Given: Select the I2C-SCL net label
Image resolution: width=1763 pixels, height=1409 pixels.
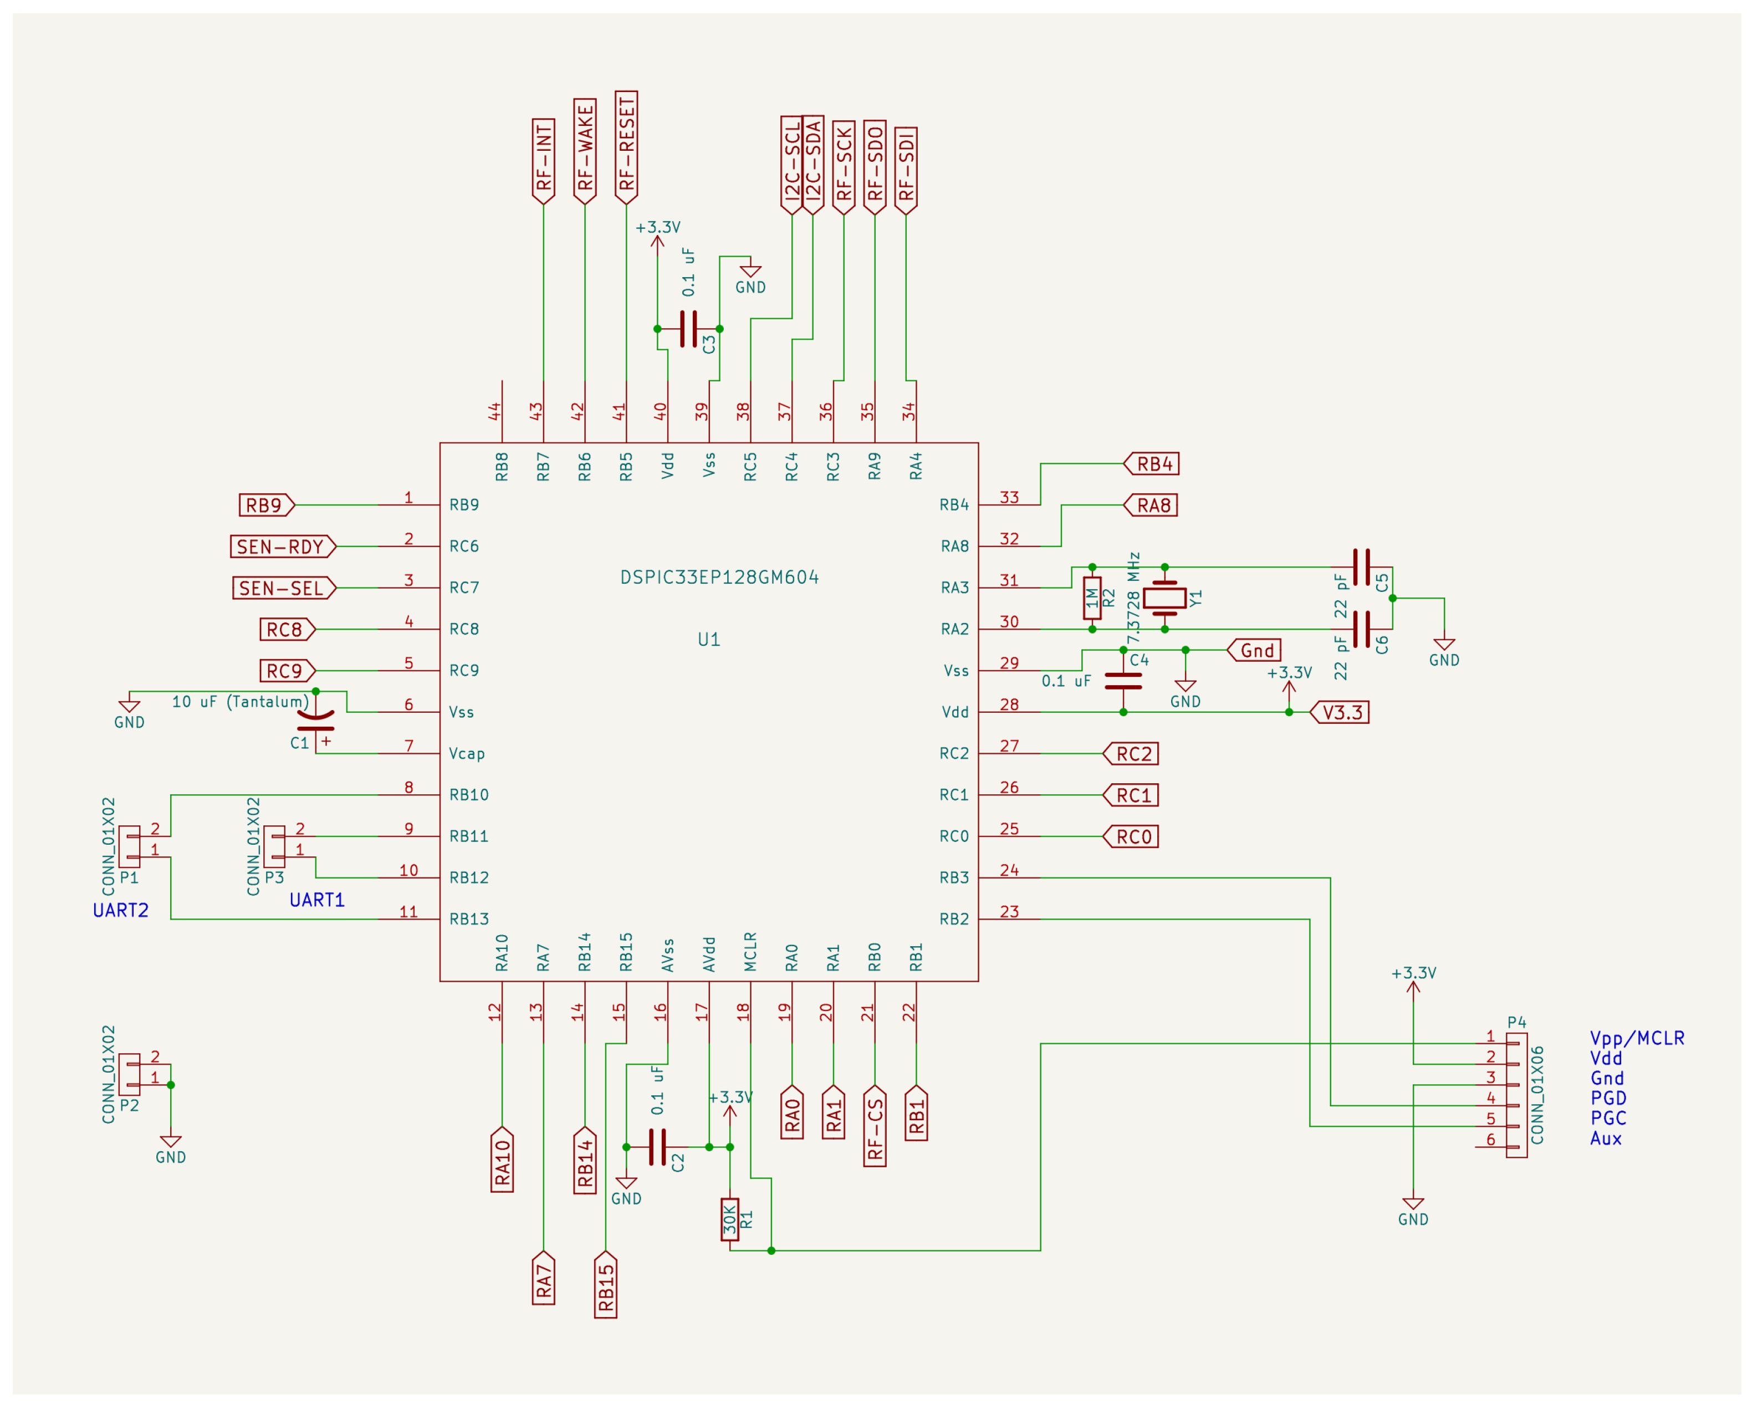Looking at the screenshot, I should point(791,164).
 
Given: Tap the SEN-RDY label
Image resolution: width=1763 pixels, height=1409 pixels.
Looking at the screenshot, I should point(282,547).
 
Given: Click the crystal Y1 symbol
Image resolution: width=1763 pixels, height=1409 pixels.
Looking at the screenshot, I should point(1164,598).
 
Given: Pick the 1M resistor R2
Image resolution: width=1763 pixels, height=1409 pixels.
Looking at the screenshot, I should point(1092,598).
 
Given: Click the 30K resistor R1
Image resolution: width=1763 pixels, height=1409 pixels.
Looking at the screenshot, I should point(729,1220).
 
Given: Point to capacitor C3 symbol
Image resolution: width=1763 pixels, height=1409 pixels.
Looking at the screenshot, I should point(688,329).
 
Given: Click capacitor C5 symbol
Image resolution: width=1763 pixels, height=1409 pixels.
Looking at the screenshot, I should point(1362,566).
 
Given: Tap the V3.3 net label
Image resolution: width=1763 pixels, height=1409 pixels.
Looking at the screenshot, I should point(1341,712).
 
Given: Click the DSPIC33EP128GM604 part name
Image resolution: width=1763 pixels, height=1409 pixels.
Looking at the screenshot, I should point(719,578).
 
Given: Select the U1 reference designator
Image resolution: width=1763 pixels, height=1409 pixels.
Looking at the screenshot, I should point(709,640).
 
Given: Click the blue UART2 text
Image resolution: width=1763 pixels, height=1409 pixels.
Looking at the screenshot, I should point(121,910).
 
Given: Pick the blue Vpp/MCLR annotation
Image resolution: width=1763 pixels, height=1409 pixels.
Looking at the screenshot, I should point(1637,1038).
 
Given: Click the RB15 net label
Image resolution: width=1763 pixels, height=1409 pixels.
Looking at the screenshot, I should point(606,1287).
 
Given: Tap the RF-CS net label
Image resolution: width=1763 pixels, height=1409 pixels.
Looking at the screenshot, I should point(875,1127).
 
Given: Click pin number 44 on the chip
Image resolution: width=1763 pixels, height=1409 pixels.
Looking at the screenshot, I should point(495,411).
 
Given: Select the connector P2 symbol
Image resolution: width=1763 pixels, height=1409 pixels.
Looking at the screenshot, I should point(129,1075).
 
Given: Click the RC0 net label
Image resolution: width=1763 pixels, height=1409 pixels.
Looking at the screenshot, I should point(1132,836).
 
